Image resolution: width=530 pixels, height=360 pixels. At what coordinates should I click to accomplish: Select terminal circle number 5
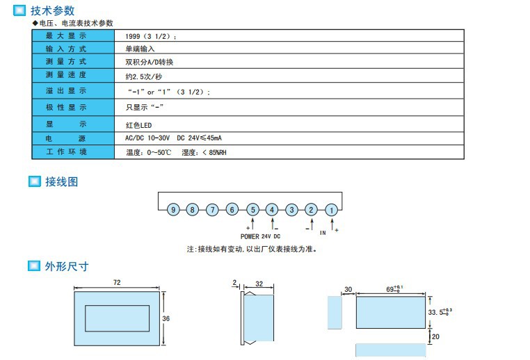click(252, 209)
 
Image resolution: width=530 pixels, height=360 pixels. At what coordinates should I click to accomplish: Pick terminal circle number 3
click(292, 209)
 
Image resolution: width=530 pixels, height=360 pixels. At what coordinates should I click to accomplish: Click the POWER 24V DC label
click(260, 236)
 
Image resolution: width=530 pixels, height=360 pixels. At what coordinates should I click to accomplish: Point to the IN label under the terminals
click(323, 233)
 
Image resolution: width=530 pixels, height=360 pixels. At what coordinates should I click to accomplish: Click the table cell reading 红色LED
click(138, 125)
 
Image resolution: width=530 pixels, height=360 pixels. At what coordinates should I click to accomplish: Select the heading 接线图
click(61, 181)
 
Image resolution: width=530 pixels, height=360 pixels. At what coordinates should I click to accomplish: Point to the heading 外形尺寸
click(67, 266)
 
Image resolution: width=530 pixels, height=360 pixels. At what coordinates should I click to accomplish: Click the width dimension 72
click(117, 282)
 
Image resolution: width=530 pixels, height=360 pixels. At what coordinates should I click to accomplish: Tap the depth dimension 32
click(259, 284)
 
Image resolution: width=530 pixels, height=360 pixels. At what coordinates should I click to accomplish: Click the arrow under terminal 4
click(273, 224)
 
